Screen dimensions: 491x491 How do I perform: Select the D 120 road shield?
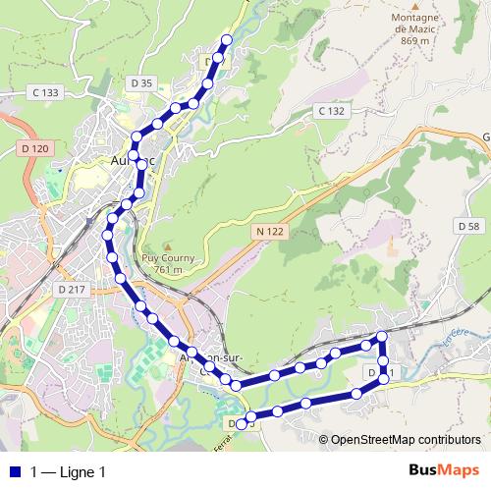coord(33,148)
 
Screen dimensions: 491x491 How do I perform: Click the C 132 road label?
coord(332,111)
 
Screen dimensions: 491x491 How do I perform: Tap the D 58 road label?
coord(468,226)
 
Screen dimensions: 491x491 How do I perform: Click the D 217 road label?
coord(72,290)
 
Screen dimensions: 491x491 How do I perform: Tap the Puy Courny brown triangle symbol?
coord(168,246)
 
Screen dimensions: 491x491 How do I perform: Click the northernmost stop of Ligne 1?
coord(227,39)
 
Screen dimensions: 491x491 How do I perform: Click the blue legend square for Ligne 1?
coord(14,471)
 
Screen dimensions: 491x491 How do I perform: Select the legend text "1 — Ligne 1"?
coord(68,471)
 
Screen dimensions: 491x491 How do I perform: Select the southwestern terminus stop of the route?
coord(241,423)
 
